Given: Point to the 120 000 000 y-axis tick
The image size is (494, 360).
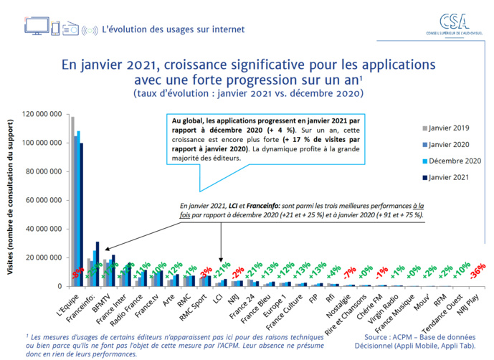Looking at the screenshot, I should click(42, 114).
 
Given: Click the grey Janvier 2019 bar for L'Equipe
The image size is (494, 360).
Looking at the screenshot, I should click(72, 201).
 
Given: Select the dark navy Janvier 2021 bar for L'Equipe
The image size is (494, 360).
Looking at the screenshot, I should click(81, 214).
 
